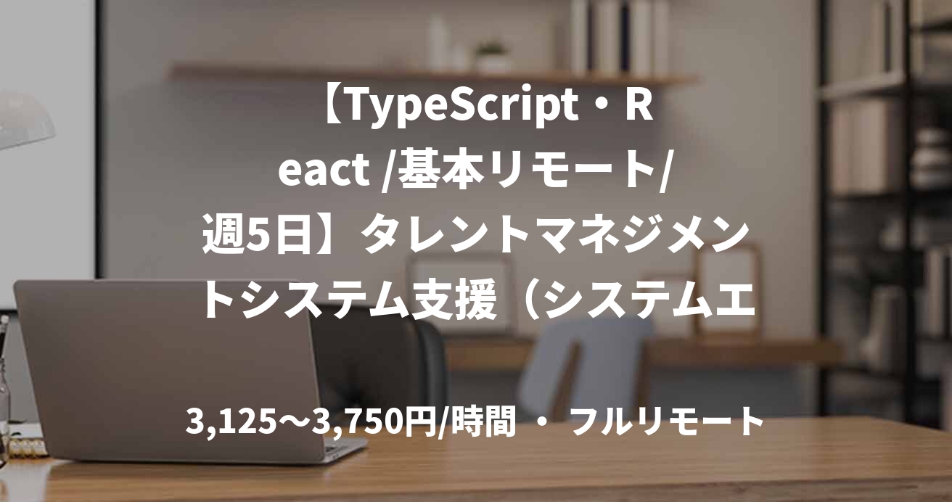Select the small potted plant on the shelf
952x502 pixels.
click(492, 57)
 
